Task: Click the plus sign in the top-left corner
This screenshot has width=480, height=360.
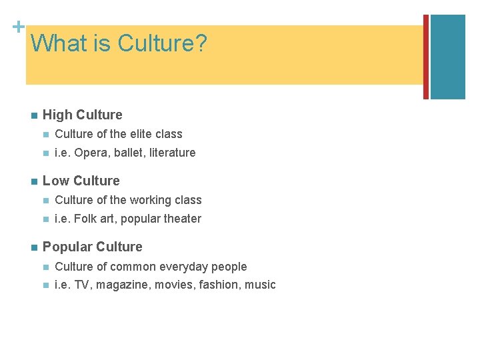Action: [x=18, y=27]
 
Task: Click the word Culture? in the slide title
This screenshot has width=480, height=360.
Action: [x=162, y=44]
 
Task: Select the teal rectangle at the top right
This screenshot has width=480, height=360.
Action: [x=447, y=57]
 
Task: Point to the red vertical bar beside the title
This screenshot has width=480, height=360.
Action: [x=426, y=57]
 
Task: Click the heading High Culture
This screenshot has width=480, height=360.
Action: [x=82, y=115]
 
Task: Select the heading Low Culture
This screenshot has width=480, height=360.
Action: [x=81, y=181]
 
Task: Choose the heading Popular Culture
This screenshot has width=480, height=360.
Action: [x=92, y=247]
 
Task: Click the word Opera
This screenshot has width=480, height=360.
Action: [x=89, y=153]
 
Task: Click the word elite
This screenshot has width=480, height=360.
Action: [x=141, y=134]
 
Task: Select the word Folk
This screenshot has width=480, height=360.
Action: [x=87, y=219]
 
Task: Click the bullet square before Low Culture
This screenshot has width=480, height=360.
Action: [x=31, y=181]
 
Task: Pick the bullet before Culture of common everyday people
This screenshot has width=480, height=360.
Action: [x=45, y=267]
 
